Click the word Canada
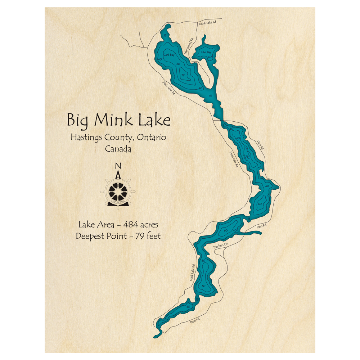pos(118,149)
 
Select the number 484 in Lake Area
pos(132,225)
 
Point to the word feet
pos(152,236)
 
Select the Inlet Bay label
pos(206,52)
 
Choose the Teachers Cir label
pos(221,246)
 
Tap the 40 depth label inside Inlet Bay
pos(210,57)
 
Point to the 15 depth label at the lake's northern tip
pos(165,36)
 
